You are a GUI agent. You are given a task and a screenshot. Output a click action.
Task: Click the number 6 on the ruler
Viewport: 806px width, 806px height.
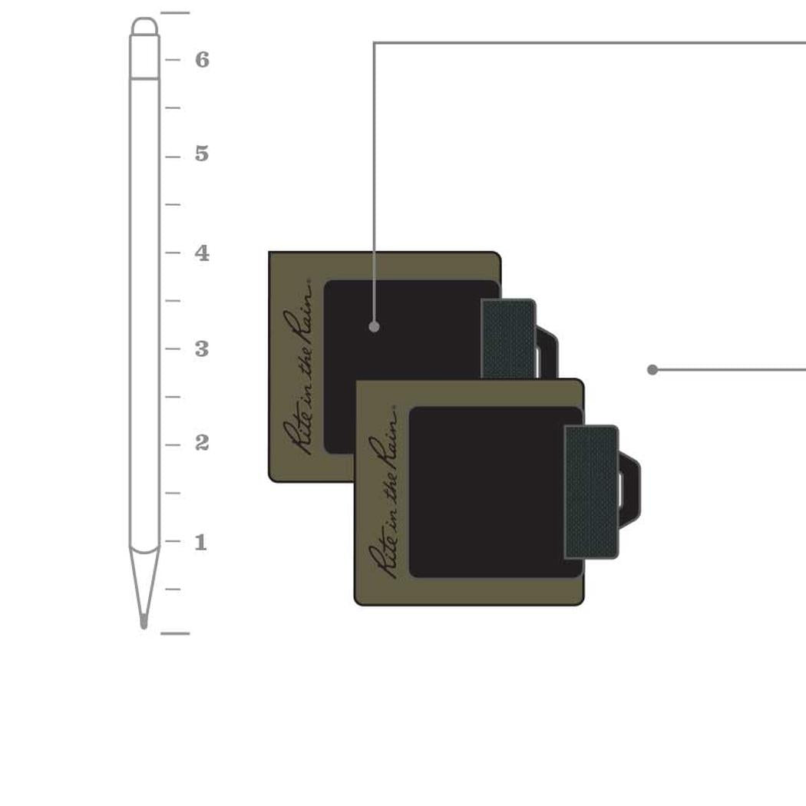point(202,60)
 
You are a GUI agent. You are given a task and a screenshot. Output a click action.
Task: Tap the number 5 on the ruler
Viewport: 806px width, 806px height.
point(202,154)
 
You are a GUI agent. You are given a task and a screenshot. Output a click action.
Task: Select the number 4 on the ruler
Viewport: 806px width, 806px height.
point(202,253)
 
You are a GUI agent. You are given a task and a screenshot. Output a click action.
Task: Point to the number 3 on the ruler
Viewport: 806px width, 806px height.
point(202,349)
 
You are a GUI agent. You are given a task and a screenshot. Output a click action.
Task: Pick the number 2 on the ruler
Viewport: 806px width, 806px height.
point(202,443)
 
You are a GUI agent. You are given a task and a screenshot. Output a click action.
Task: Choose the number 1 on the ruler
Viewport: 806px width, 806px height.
point(201,542)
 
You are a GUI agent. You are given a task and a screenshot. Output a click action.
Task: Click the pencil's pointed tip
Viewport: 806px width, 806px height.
point(144,626)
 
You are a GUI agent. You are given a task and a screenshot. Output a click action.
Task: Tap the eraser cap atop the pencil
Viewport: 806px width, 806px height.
point(144,26)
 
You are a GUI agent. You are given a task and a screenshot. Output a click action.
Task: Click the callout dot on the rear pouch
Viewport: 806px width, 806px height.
point(375,326)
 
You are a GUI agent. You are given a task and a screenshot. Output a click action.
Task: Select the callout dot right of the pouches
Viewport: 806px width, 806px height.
point(652,369)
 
